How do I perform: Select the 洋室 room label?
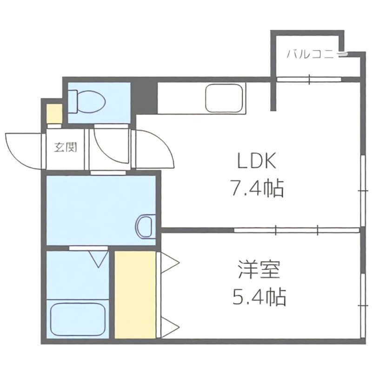(259, 270)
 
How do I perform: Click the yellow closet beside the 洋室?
(135, 294)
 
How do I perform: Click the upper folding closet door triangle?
(169, 262)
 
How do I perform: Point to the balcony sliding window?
(309, 79)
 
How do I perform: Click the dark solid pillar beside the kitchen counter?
(145, 98)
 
